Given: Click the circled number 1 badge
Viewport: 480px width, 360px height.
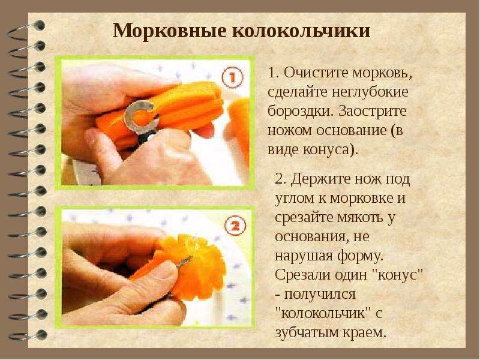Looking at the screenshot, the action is coord(232,77).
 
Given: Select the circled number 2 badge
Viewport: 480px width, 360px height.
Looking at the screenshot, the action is coord(235,227).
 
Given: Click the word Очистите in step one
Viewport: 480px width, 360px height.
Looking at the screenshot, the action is coord(316,73).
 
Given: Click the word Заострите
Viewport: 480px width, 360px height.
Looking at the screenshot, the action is coord(373,111).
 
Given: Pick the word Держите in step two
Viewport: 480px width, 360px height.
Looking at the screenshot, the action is coord(320,179).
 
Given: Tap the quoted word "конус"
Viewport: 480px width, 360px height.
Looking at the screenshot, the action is coord(399,274).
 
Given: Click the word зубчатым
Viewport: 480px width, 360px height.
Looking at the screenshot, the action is coord(308,332).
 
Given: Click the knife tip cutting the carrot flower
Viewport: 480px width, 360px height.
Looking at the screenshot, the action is coord(191,258).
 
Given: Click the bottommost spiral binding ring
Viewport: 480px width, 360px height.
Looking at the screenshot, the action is coord(28,335).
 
